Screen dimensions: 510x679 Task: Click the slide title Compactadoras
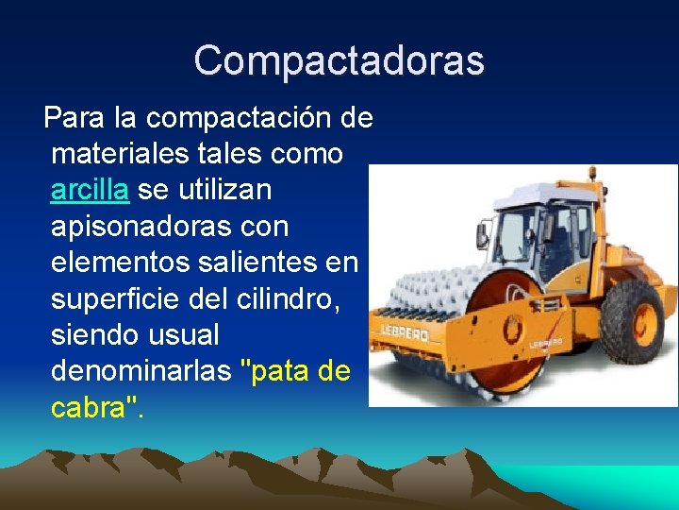(339, 60)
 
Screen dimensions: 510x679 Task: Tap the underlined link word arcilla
(90, 190)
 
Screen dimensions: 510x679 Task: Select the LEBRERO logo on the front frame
(405, 333)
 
